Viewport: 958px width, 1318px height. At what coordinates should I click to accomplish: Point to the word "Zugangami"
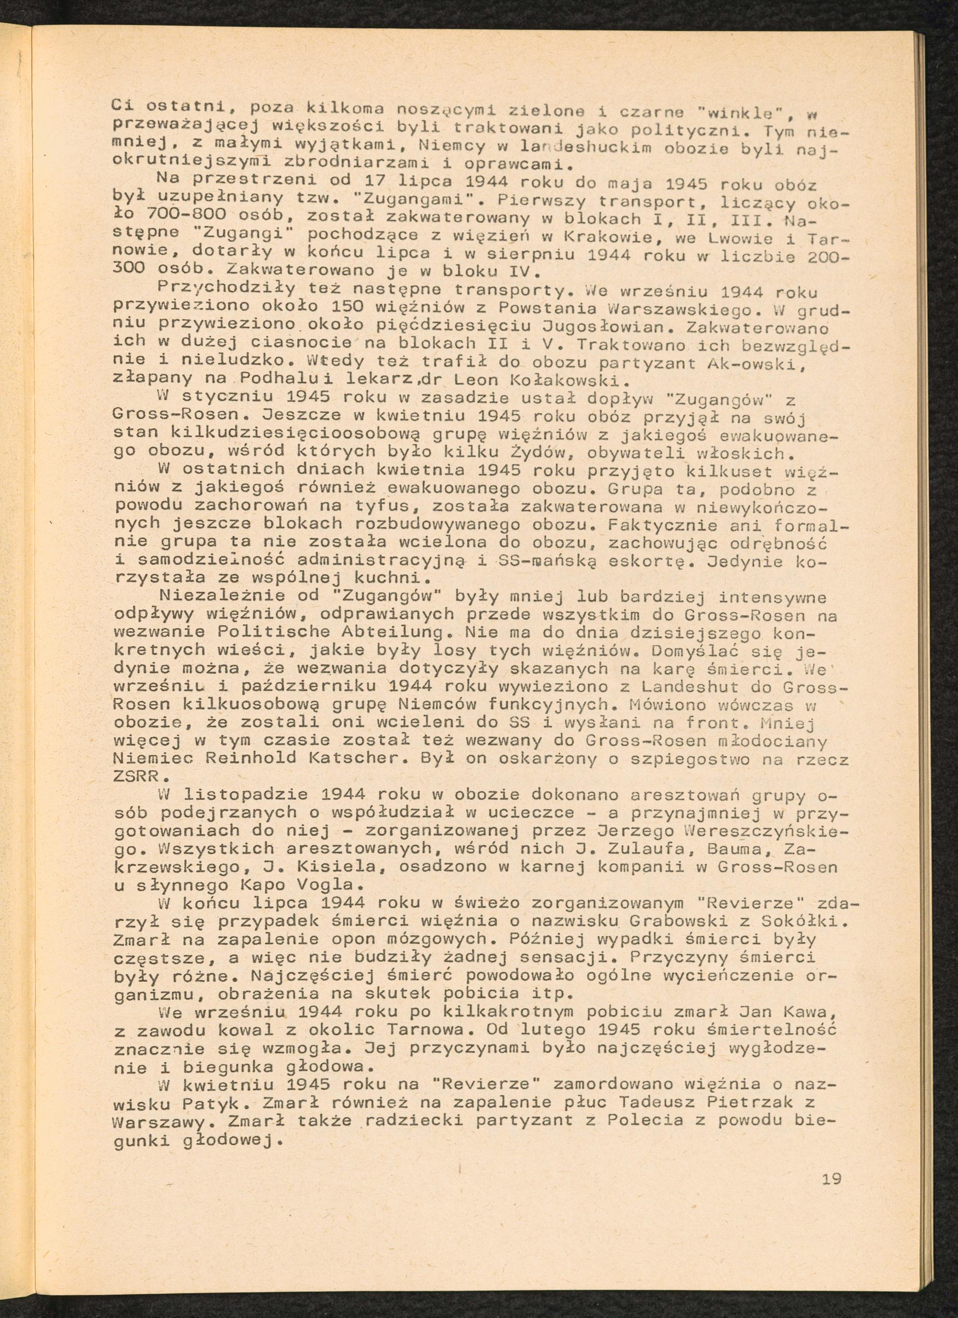click(x=401, y=201)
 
